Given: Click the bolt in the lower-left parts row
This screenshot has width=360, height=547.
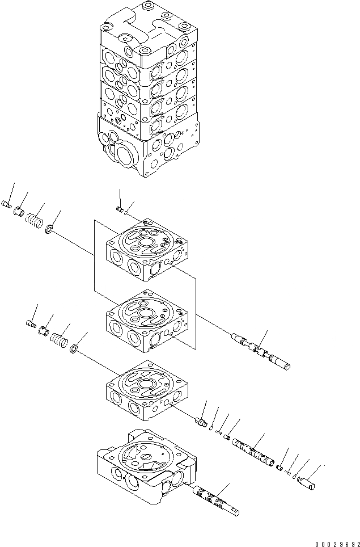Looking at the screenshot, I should (x=31, y=324).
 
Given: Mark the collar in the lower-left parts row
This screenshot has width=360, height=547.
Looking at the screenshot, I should (x=43, y=331).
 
